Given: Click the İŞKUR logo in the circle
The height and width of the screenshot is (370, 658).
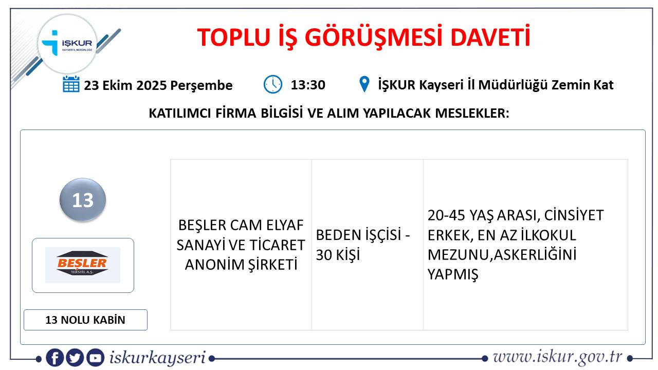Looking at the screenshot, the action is click(67, 44).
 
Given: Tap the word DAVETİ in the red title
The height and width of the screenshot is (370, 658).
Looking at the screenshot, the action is click(490, 38).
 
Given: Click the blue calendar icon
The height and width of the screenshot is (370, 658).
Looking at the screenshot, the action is click(71, 84).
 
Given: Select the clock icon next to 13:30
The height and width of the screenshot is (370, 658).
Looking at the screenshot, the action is click(272, 84).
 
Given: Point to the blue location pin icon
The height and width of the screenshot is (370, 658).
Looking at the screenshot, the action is click(364, 84).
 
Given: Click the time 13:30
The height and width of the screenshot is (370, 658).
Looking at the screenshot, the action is click(308, 85).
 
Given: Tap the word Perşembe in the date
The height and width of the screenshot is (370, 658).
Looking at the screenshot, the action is click(202, 86).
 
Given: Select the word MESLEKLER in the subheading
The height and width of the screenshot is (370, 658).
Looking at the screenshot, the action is click(472, 113).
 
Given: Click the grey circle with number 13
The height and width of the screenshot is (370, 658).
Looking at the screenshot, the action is click(83, 200).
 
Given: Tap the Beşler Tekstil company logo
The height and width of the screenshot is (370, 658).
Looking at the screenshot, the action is click(83, 265).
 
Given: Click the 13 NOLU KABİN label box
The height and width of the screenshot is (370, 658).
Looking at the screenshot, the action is click(85, 320).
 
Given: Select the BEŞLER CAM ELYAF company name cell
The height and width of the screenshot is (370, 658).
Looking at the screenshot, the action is click(241, 245).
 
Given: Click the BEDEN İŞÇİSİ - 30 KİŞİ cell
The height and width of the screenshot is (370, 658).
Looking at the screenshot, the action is click(368, 245).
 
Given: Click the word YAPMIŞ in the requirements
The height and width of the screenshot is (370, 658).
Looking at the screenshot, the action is click(453, 274).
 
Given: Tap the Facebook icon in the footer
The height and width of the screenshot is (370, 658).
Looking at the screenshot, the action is click(55, 358).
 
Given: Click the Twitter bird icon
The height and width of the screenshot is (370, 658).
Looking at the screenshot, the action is click(75, 358).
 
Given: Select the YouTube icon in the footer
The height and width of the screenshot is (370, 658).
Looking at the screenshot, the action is click(95, 358).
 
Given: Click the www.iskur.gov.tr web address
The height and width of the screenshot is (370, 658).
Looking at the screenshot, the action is click(558, 357).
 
